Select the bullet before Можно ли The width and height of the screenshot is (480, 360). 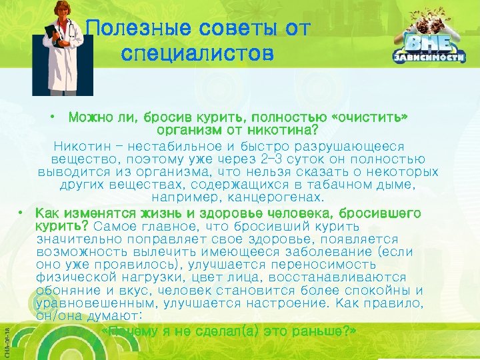tap(53, 118)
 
